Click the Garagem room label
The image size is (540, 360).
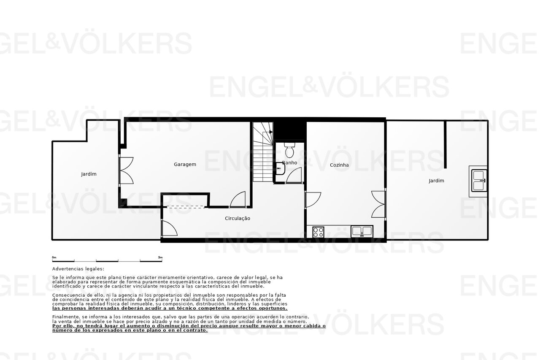click(185, 165)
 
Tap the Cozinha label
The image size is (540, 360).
click(339, 165)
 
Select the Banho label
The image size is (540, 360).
click(289, 163)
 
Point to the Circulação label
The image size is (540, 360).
click(238, 219)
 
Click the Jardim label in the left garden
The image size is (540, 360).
click(89, 174)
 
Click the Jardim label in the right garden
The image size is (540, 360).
click(436, 181)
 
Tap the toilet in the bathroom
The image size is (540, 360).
click(289, 149)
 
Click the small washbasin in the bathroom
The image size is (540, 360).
click(281, 168)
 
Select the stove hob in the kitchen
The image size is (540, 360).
click(318, 232)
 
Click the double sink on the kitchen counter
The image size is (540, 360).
click(362, 231)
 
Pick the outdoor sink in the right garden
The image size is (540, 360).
click(479, 181)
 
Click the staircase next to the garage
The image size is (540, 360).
click(263, 152)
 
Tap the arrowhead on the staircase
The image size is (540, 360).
click(271, 132)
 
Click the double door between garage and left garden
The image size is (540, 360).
click(126, 171)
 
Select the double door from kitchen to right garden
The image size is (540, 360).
click(378, 204)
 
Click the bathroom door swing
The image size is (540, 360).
click(294, 175)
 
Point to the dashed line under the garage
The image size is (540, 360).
click(186, 207)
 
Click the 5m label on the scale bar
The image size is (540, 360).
click(160, 257)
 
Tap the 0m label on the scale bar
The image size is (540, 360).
click(54, 257)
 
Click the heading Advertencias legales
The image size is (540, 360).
click(78, 269)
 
